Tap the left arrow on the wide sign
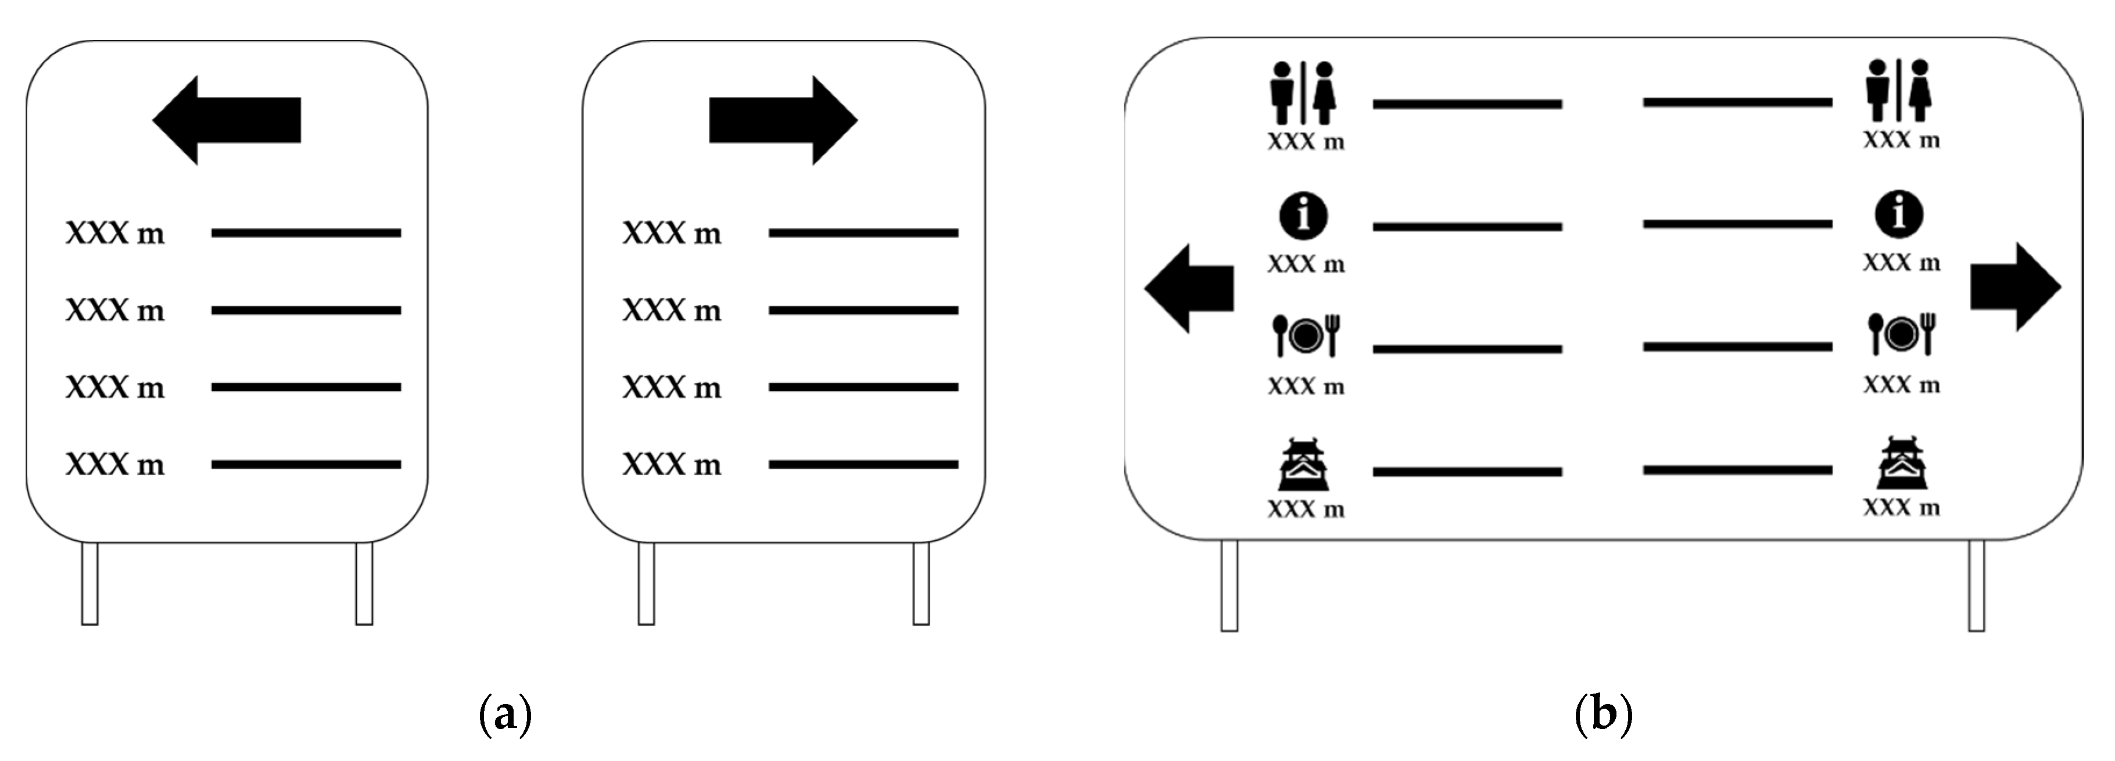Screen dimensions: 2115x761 coord(1189,288)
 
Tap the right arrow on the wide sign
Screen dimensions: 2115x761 coord(2016,288)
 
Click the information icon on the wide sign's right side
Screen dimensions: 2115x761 coord(1898,214)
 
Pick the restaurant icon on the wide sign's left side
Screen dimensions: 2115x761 coord(1306,335)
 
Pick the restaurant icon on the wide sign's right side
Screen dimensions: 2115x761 coord(1901,333)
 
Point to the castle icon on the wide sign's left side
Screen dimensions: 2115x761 coord(1304,464)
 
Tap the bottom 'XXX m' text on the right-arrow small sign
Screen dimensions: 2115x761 coord(672,465)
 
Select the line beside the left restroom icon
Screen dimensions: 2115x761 coord(1467,104)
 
